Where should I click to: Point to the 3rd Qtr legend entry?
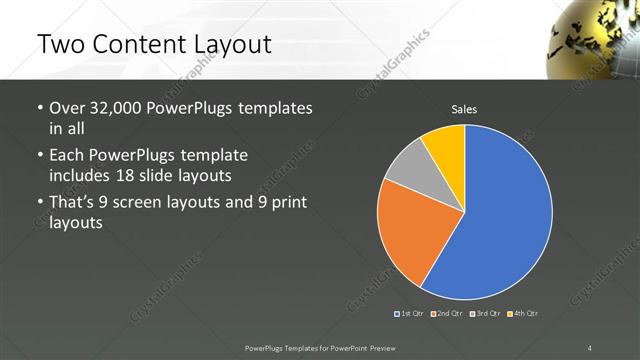click(484, 313)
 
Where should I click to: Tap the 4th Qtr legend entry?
click(524, 313)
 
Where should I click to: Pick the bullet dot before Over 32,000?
click(39, 108)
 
